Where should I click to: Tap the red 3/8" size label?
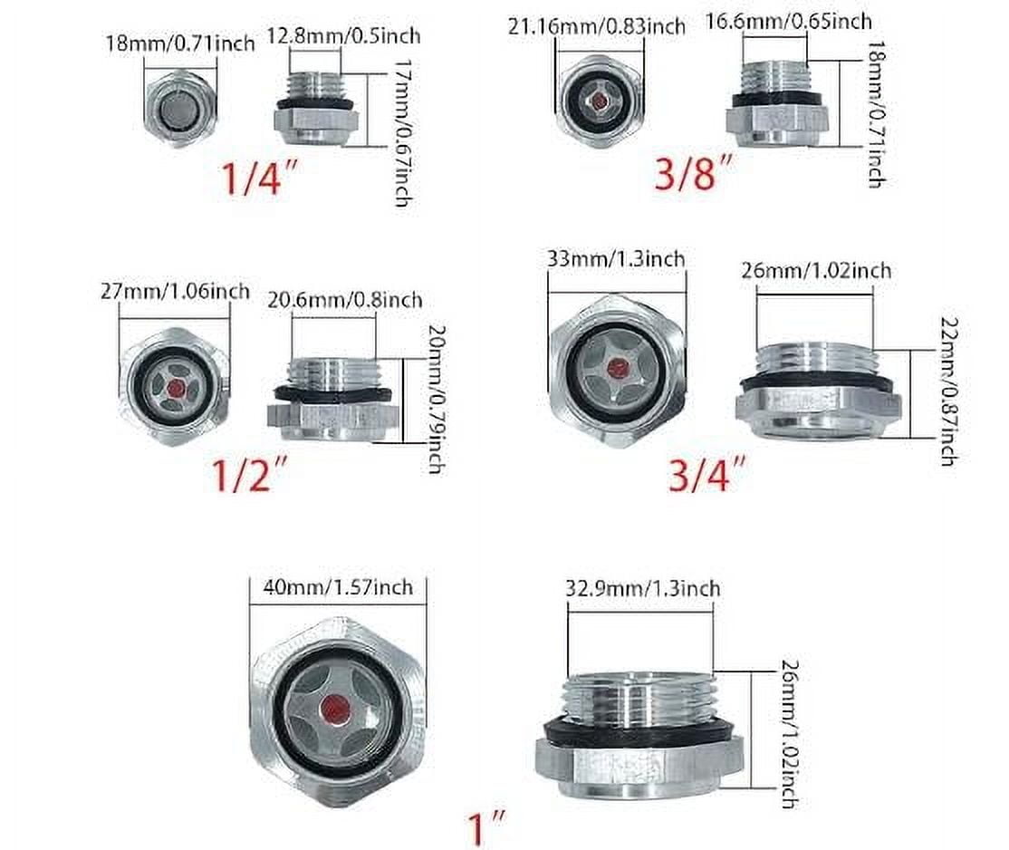pyautogui.click(x=693, y=170)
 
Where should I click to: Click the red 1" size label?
pyautogui.click(x=487, y=826)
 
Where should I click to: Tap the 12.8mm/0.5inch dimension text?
pyautogui.click(x=343, y=37)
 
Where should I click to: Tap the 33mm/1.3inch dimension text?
pyautogui.click(x=616, y=259)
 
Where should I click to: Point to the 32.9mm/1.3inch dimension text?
pyautogui.click(x=642, y=588)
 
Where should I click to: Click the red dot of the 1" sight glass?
pyautogui.click(x=336, y=708)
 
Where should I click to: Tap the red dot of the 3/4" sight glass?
pyautogui.click(x=617, y=368)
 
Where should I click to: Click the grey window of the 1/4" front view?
pyautogui.click(x=179, y=112)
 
